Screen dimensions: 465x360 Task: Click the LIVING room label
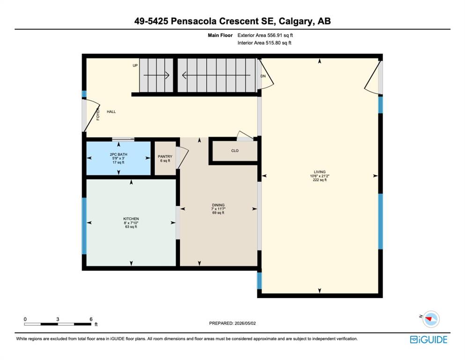coord(320,172)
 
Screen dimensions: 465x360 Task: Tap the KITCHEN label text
coord(131,219)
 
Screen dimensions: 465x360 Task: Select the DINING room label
coord(218,205)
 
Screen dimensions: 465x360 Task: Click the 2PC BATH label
coord(118,154)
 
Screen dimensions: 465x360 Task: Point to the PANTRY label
coord(165,157)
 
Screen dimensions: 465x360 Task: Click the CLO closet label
coord(235,151)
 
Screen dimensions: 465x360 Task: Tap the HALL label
coord(111,112)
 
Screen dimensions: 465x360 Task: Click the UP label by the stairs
coord(135,66)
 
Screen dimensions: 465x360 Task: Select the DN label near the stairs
coord(263,76)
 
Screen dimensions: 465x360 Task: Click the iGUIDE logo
coord(428,339)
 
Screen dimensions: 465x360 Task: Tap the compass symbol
coord(431,319)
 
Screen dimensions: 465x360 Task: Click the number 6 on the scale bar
coord(91,319)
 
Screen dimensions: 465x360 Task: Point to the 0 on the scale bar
coord(25,319)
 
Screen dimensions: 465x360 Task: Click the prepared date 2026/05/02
coord(244,323)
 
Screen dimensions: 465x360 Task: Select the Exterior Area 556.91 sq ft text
coord(265,35)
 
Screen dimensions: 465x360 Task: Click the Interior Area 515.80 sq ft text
coord(264,43)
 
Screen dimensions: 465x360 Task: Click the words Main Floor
coord(220,35)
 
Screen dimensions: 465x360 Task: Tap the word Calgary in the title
coord(296,21)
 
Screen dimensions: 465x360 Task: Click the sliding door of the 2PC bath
coord(123,139)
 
